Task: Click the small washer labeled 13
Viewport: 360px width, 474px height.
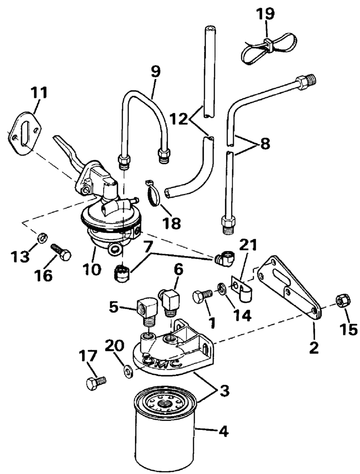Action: (x=42, y=237)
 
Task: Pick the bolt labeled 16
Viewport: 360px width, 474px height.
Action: (x=61, y=252)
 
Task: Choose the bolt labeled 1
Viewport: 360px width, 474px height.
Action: (x=202, y=296)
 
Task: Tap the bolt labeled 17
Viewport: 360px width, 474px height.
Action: (x=95, y=384)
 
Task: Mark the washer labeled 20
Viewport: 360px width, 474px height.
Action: (x=128, y=371)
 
